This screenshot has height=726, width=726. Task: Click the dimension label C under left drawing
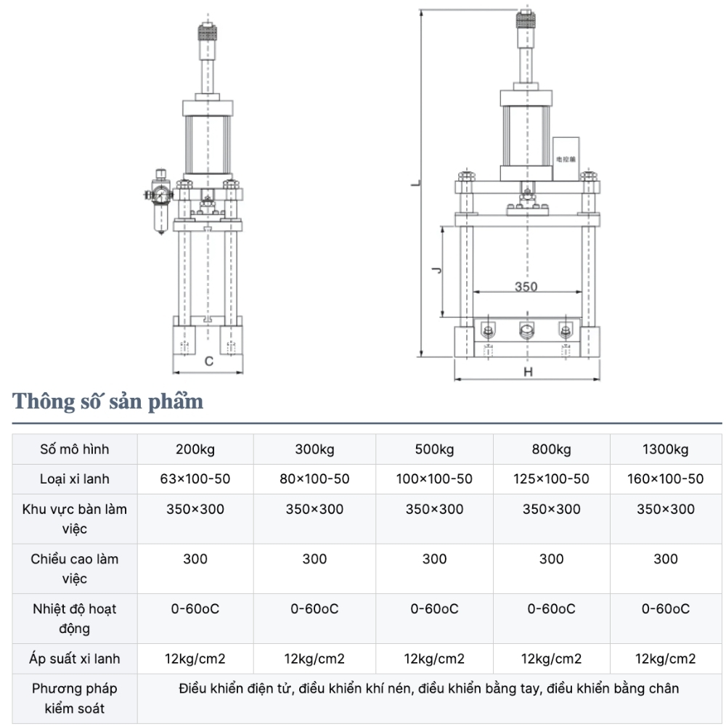pyautogui.click(x=208, y=361)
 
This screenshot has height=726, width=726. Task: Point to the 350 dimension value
pyautogui.click(x=526, y=286)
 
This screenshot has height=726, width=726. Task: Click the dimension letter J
pyautogui.click(x=435, y=272)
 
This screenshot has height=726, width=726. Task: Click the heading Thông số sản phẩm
pyautogui.click(x=107, y=401)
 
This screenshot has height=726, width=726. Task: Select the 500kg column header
pyautogui.click(x=434, y=449)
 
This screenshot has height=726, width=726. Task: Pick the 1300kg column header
pyautogui.click(x=665, y=449)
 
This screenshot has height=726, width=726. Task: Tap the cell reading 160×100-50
pyautogui.click(x=665, y=479)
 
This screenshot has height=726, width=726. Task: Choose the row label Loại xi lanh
pyautogui.click(x=74, y=479)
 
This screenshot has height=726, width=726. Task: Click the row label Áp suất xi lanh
pyautogui.click(x=74, y=659)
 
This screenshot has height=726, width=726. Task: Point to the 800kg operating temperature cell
pyautogui.click(x=552, y=608)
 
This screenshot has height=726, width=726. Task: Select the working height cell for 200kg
pyautogui.click(x=195, y=559)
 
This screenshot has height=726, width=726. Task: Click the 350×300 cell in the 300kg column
pyautogui.click(x=314, y=509)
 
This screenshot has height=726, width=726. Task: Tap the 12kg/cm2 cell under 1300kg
pyautogui.click(x=665, y=659)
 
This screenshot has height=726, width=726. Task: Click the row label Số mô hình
pyautogui.click(x=74, y=449)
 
